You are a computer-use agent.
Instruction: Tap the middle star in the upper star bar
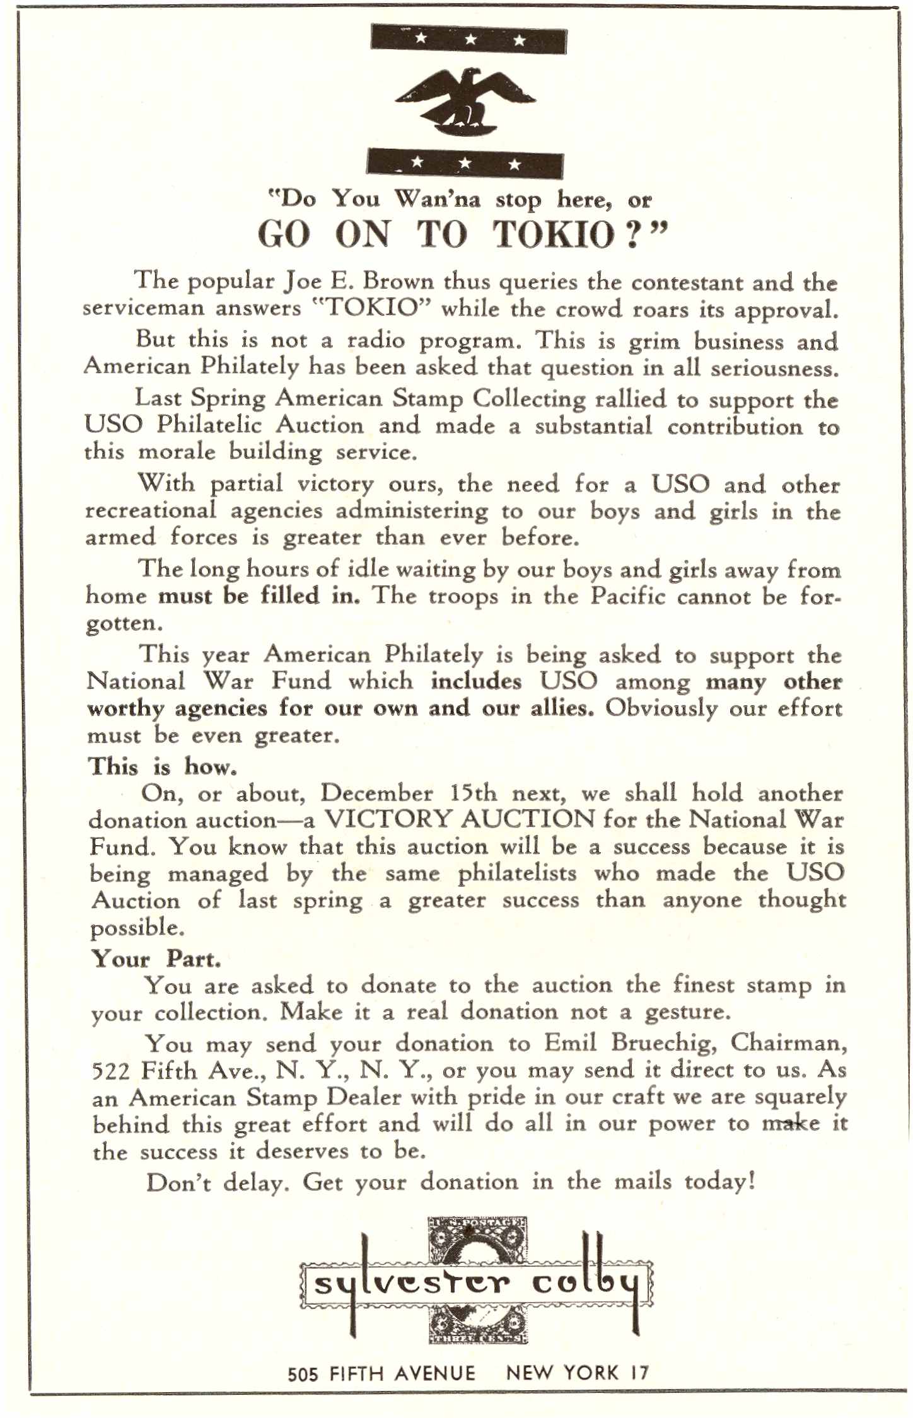pos(470,40)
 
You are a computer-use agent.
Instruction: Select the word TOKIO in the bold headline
pos(554,234)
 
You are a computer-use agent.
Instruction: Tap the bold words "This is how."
pos(163,766)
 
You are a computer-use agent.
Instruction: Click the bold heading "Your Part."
pos(156,959)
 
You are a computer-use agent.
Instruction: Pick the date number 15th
pos(474,793)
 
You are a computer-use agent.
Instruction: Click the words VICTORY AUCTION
pos(459,819)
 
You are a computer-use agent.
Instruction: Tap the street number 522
pos(111,1071)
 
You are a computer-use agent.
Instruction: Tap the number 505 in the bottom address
pos(303,1373)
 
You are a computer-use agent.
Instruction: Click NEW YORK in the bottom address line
pos(562,1373)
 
